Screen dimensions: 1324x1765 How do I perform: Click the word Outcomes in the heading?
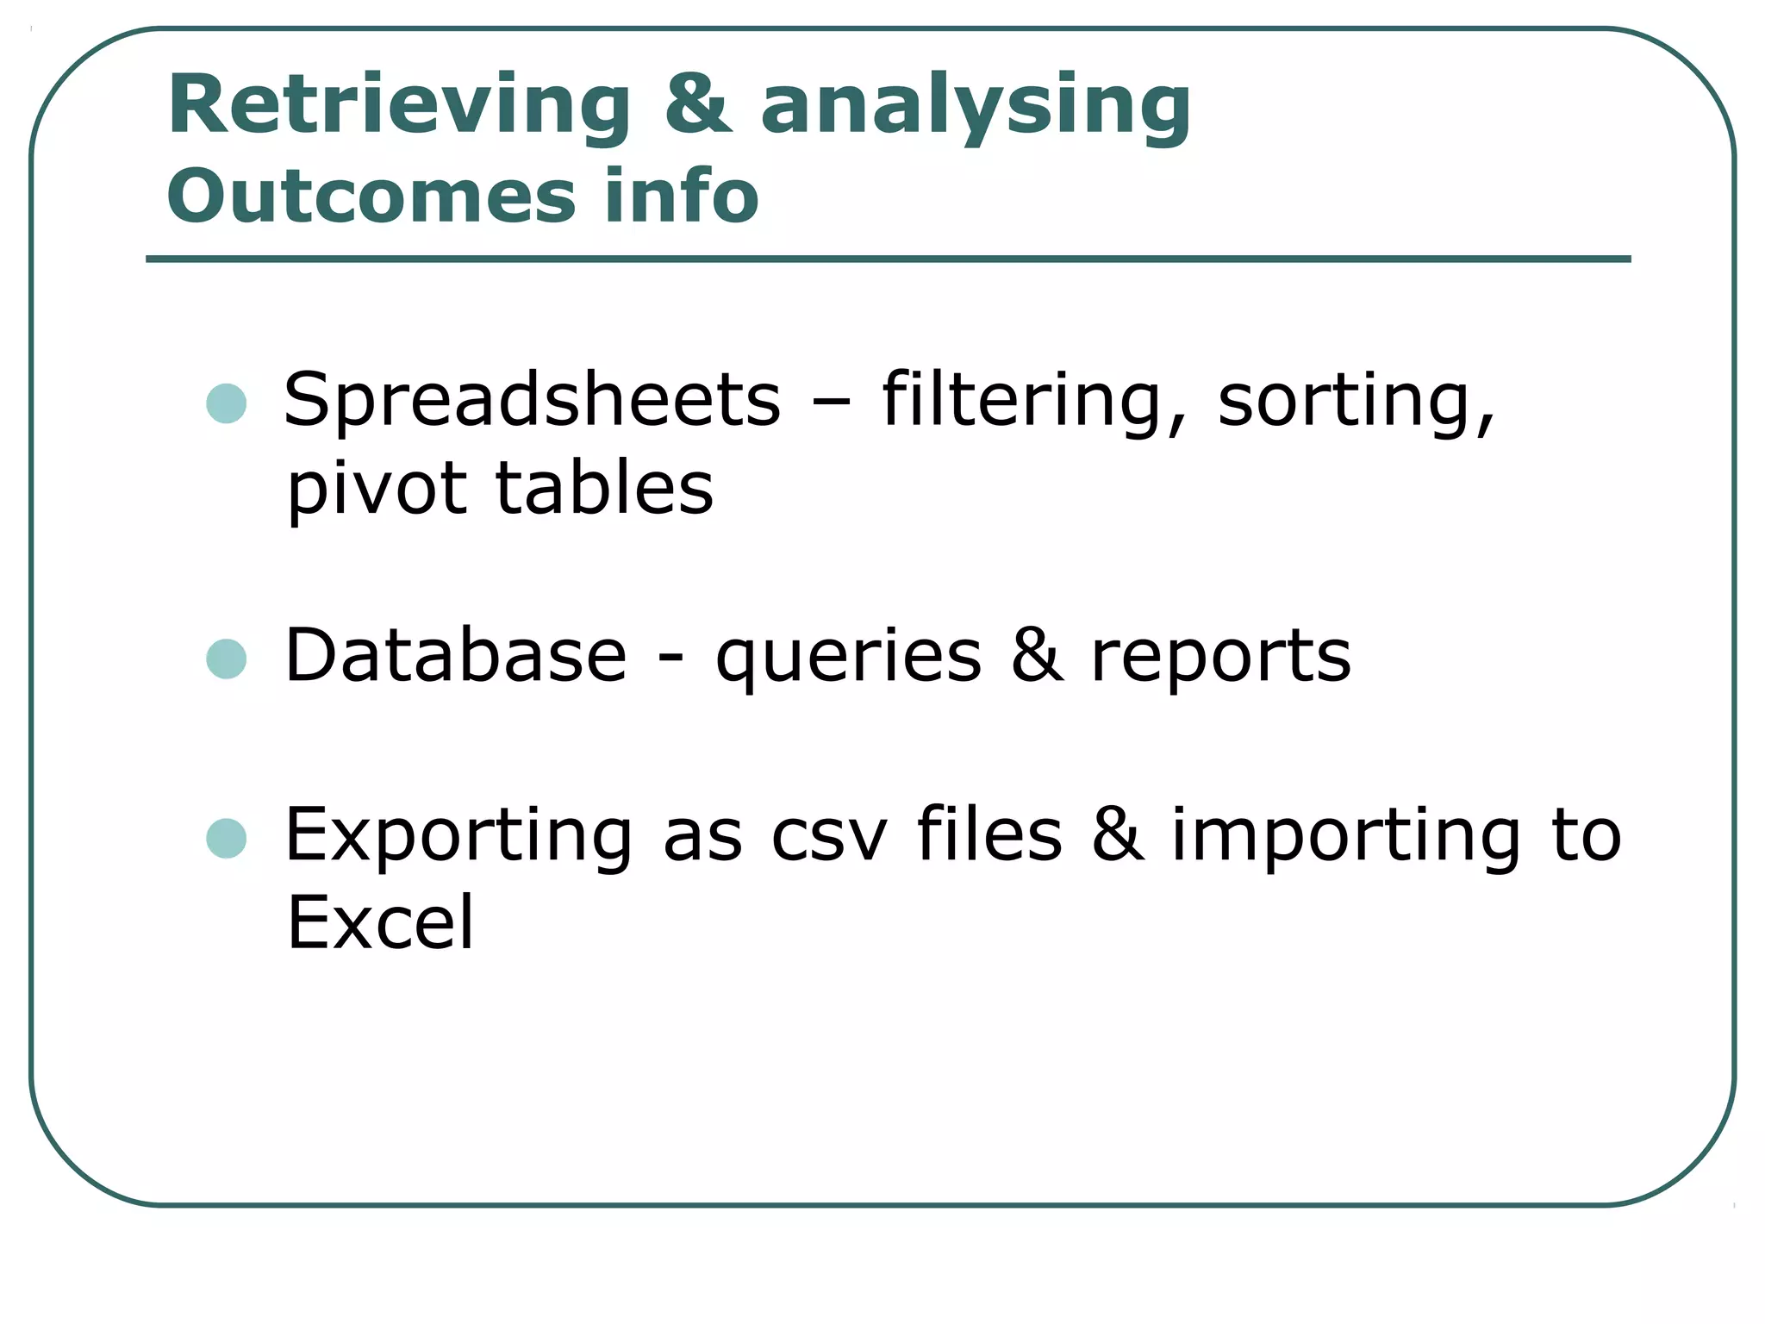pos(371,197)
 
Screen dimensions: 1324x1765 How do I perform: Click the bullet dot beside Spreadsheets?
pos(227,403)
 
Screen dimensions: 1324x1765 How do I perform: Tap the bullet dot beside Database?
pos(227,659)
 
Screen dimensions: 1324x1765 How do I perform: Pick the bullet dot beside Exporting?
pos(227,838)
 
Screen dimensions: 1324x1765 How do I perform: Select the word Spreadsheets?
pos(532,400)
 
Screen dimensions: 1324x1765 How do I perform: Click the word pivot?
pos(377,490)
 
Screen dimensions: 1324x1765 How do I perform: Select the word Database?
pos(456,656)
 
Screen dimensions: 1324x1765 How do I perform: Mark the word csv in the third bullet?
pos(828,836)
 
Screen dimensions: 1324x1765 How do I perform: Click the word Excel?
pos(380,923)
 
